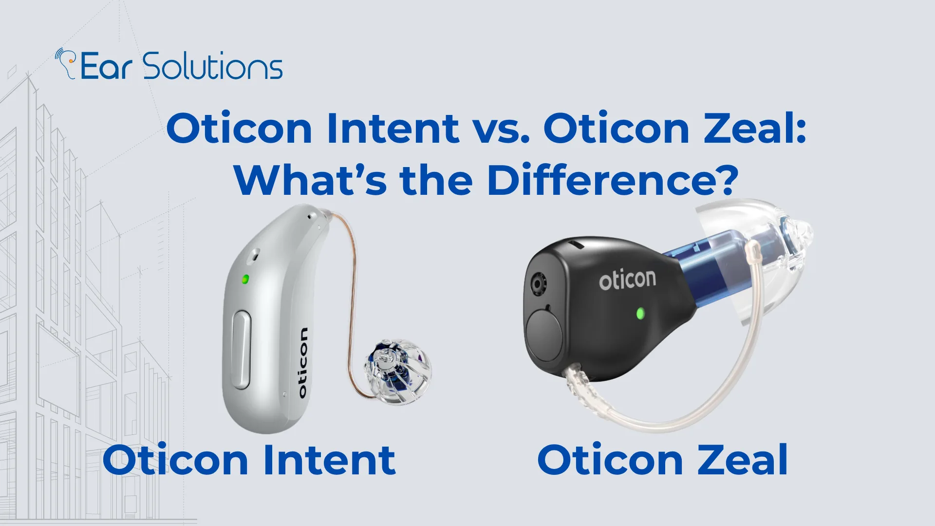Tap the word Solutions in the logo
pos(213,66)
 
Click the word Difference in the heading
pos(612,180)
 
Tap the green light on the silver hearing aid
pos(245,279)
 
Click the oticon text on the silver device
pos(302,363)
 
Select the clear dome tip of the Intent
pos(397,373)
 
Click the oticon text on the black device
pos(627,280)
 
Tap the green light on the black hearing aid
pos(640,313)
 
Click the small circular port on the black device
pos(538,284)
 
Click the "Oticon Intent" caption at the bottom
pos(249,460)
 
